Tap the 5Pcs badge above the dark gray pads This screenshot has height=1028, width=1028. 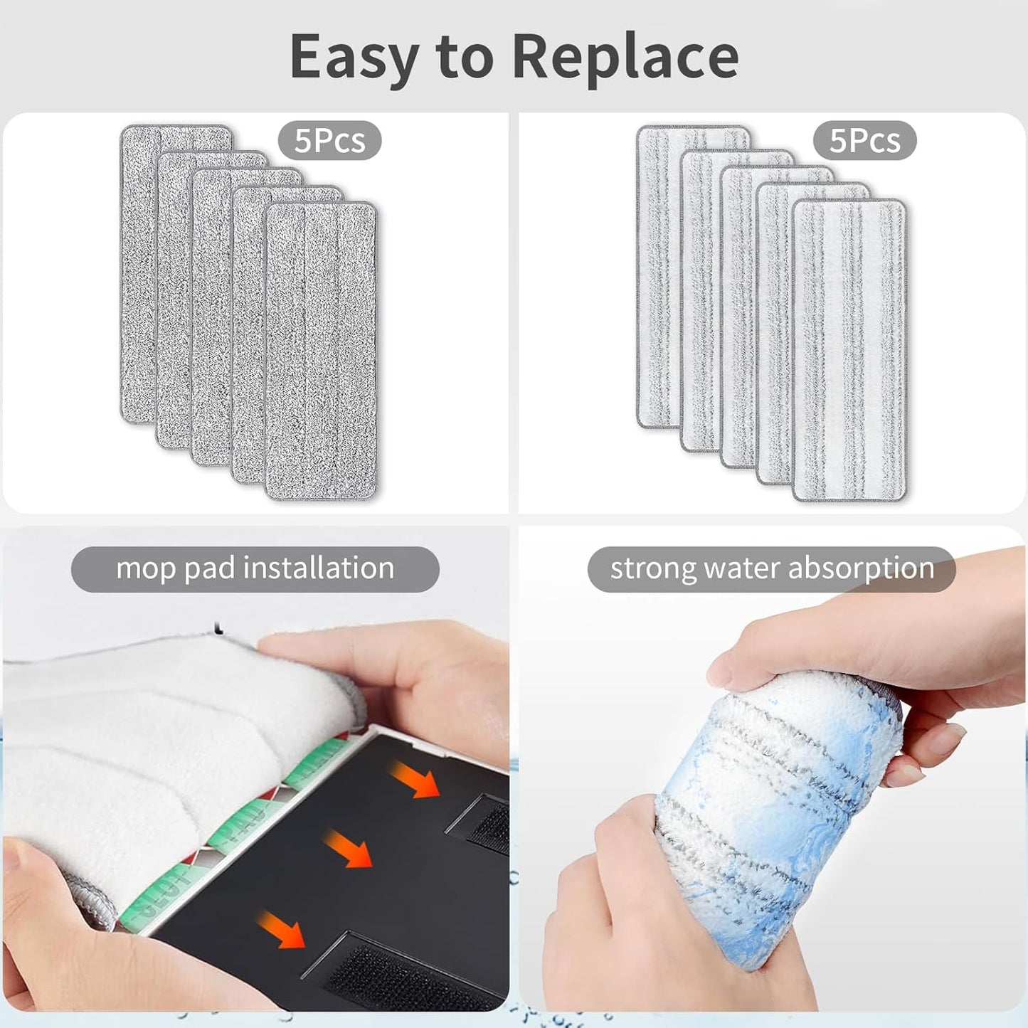point(329,141)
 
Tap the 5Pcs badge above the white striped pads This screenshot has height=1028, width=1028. point(864,141)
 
